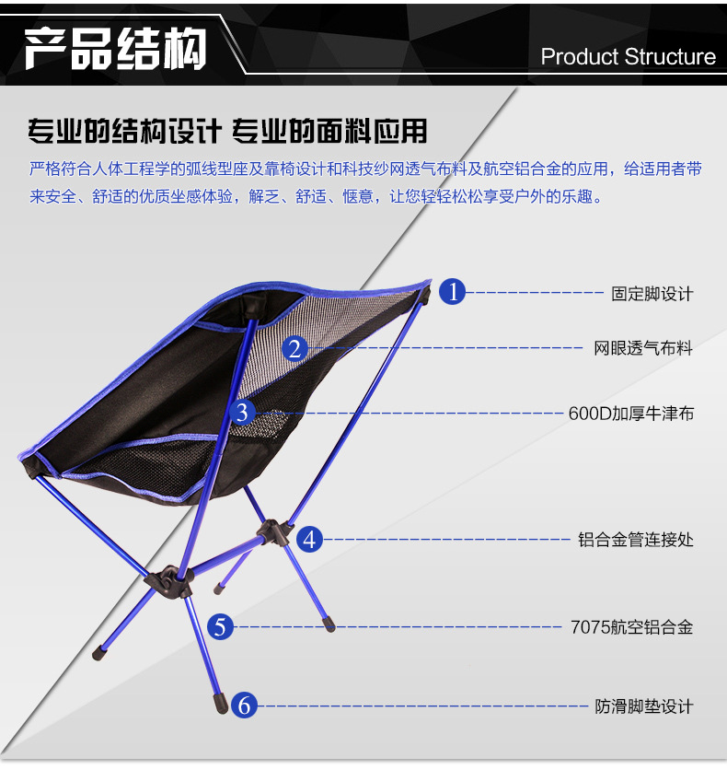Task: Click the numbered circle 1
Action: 452,292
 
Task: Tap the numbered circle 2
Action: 294,348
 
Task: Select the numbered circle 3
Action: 242,413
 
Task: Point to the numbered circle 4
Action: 309,539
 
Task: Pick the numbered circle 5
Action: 220,627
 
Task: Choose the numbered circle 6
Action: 244,706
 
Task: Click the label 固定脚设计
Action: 652,294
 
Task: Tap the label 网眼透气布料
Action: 643,348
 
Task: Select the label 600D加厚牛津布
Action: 631,414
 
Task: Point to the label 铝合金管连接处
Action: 636,540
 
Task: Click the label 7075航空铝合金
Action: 631,628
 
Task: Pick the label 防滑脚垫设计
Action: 643,707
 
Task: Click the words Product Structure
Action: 628,57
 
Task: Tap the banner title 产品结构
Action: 115,49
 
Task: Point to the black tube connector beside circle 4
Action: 272,531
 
